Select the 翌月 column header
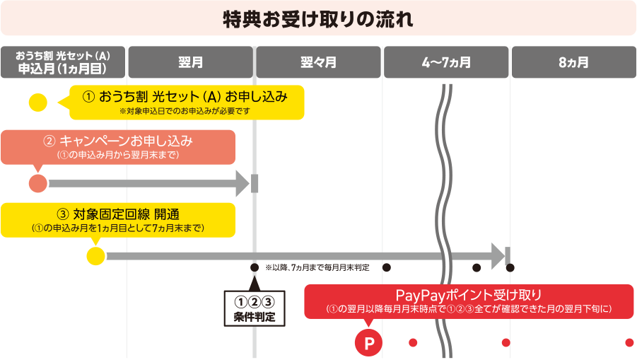pos(191,62)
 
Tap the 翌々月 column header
pos(318,62)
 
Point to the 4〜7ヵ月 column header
pos(445,62)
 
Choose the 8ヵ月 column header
pos(573,62)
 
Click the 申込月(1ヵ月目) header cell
pos(63,62)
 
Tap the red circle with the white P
pos(368,343)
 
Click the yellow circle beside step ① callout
pos(37,103)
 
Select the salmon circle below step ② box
pos(38,184)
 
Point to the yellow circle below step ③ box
pos(95,255)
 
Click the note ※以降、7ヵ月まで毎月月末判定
pos(317,268)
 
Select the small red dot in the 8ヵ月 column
pos(629,343)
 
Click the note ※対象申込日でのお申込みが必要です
pos(185,112)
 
